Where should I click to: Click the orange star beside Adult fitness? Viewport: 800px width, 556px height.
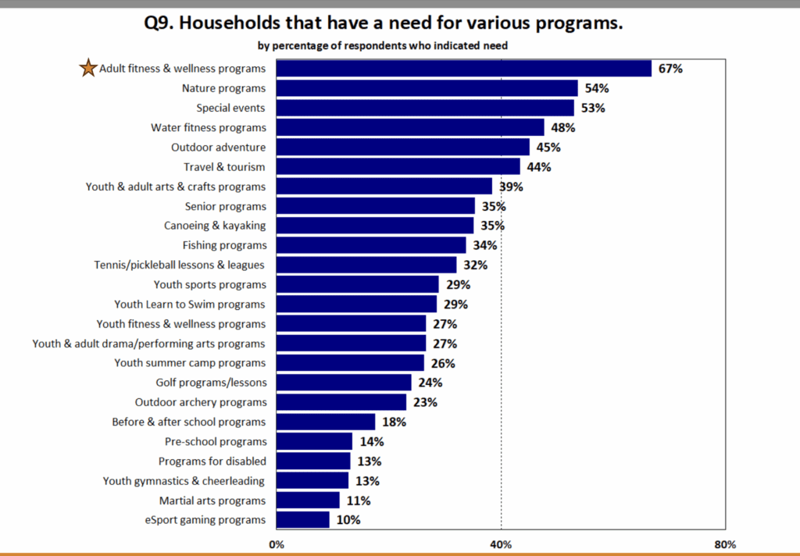coord(87,69)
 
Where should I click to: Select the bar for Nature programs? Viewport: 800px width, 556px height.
coord(427,88)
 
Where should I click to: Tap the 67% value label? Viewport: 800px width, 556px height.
coord(670,69)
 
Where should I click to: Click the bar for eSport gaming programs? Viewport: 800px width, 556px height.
coord(303,520)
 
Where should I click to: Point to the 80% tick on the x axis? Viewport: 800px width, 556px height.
coord(725,544)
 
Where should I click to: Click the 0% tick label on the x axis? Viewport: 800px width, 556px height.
coord(277,544)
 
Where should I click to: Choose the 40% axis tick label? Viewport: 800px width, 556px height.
coord(501,544)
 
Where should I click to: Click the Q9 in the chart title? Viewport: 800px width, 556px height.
coord(160,23)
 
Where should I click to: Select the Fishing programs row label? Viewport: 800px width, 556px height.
coord(224,245)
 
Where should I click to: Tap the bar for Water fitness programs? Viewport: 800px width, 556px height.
coord(410,127)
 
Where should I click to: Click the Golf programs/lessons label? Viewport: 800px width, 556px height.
coord(211,383)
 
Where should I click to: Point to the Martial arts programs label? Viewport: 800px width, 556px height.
coord(212,501)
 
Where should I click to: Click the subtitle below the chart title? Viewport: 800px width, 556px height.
coord(383,45)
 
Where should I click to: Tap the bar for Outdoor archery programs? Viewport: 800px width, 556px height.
coord(341,402)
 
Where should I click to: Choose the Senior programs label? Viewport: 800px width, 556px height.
coord(225,206)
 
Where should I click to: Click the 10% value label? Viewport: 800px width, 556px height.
coord(348,520)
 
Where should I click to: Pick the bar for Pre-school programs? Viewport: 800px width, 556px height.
coord(314,441)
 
